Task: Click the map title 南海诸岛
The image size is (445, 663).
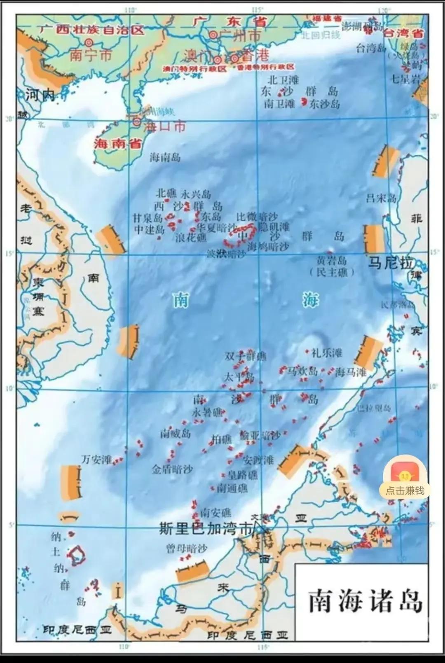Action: [x=365, y=601]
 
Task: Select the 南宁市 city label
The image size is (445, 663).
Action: [x=91, y=55]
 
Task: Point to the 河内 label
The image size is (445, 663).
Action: [x=40, y=96]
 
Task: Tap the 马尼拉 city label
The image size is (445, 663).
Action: [x=390, y=263]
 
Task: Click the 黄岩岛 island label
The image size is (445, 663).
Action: [x=331, y=261]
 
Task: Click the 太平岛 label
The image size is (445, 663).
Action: [x=239, y=377]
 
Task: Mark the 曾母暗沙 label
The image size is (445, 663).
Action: [x=187, y=549]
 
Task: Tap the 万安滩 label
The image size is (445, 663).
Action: [x=96, y=459]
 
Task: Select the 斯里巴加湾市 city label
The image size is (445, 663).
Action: [x=205, y=530]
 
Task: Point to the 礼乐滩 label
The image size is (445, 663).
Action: [x=327, y=353]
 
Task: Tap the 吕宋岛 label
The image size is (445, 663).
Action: [x=381, y=198]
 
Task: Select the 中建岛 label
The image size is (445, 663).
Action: [x=149, y=229]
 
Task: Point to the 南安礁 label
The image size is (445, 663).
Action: [x=215, y=513]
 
